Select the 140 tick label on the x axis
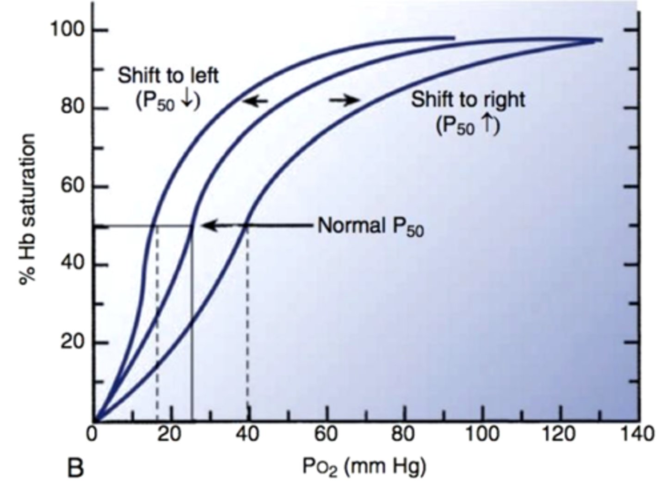coord(639,435)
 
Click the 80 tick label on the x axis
coord(405,435)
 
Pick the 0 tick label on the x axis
coord(93,435)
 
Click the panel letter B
coord(75,468)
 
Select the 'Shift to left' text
coord(168,75)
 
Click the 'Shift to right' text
coord(468,99)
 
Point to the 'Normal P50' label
coord(370,226)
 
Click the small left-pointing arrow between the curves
coord(255,100)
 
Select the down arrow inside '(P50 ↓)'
coord(186,101)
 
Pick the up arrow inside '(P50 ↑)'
coord(486,125)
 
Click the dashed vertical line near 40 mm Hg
coord(247,324)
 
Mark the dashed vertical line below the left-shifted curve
coord(157,324)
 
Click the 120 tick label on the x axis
coord(561,435)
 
